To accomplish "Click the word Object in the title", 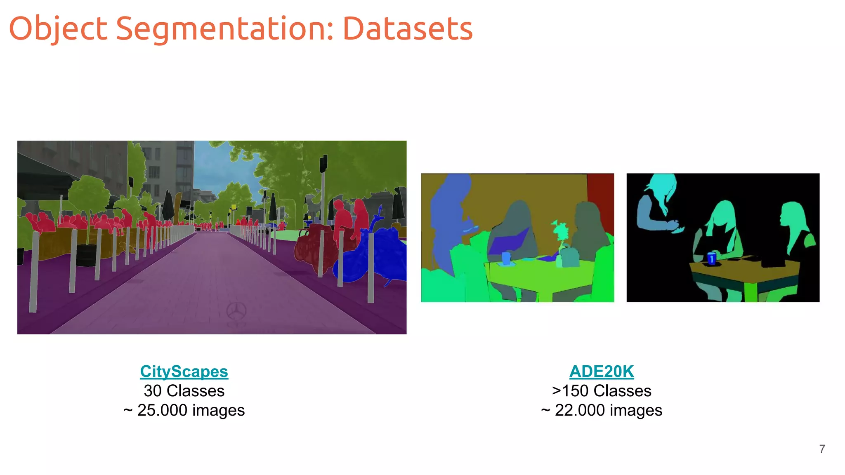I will click(x=58, y=29).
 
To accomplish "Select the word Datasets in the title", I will click(x=408, y=29).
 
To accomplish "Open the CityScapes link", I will click(x=184, y=372).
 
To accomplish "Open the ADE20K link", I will click(x=601, y=372).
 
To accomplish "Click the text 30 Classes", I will click(x=184, y=391).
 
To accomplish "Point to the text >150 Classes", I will click(x=601, y=391).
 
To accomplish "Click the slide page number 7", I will click(x=822, y=449).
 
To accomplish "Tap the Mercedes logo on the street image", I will click(x=236, y=311).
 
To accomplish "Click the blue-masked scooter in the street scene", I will click(x=375, y=256).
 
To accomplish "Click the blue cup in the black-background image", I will click(x=711, y=258).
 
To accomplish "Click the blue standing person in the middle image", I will click(x=448, y=219).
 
